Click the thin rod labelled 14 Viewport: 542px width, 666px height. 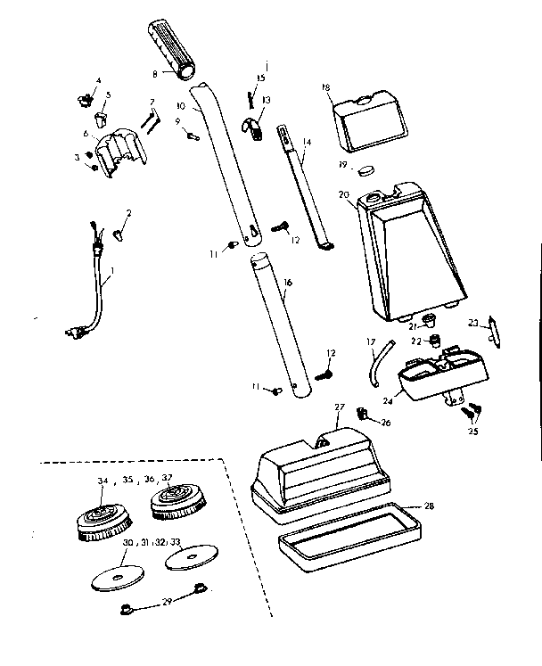click(x=308, y=187)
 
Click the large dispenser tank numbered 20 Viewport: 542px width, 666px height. click(x=410, y=254)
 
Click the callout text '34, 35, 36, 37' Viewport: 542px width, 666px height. click(x=136, y=480)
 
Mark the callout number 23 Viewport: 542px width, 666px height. click(x=473, y=324)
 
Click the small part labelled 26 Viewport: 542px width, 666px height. click(x=364, y=413)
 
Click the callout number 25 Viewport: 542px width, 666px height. click(x=472, y=432)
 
